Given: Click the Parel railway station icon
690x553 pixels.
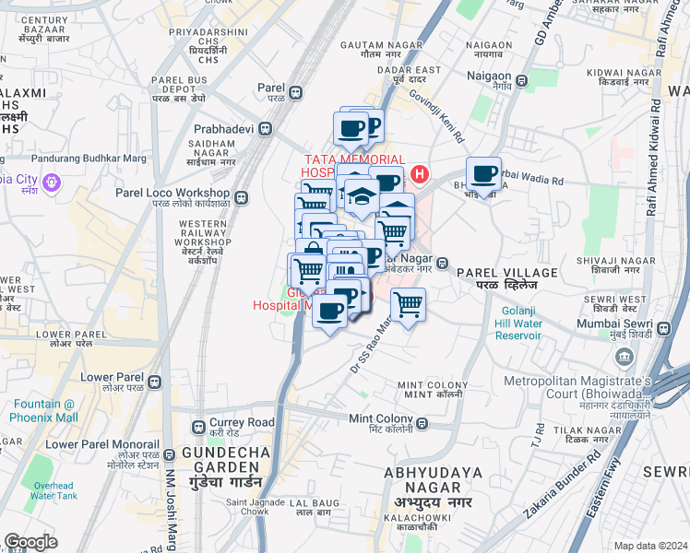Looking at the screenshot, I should [296, 92].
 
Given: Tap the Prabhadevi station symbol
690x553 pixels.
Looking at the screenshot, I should [266, 128].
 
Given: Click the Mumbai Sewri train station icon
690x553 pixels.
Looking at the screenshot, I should [663, 325].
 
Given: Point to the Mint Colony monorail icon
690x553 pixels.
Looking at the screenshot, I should [422, 424].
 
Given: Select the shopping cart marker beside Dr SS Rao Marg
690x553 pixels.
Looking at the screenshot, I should [407, 303].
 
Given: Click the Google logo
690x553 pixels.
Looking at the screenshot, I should [30, 541].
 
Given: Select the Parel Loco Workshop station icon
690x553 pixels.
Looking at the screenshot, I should [242, 197].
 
